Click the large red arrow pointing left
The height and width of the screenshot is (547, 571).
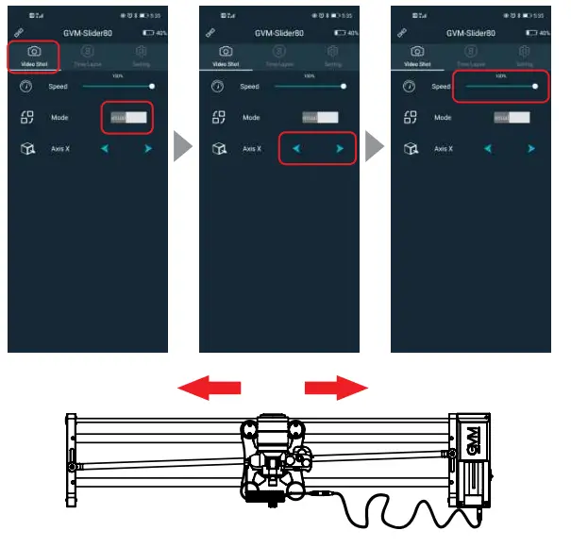[x=210, y=387]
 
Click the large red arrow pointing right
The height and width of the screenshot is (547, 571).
[x=336, y=387]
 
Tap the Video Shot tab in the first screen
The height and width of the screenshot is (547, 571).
[x=34, y=55]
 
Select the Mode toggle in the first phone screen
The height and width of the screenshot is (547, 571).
[x=128, y=118]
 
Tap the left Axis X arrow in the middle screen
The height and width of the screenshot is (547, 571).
[x=296, y=149]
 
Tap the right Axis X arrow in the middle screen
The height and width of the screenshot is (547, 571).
[x=340, y=149]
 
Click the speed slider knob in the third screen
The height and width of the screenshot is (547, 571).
[x=534, y=86]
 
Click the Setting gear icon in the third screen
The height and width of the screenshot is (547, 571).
[x=524, y=51]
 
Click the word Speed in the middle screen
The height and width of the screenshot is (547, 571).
[x=249, y=87]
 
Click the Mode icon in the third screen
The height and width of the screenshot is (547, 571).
[x=410, y=118]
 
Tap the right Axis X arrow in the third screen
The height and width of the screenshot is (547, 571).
[x=531, y=149]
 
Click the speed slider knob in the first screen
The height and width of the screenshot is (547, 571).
[x=152, y=86]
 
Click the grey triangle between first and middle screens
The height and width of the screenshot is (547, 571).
[x=184, y=146]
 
